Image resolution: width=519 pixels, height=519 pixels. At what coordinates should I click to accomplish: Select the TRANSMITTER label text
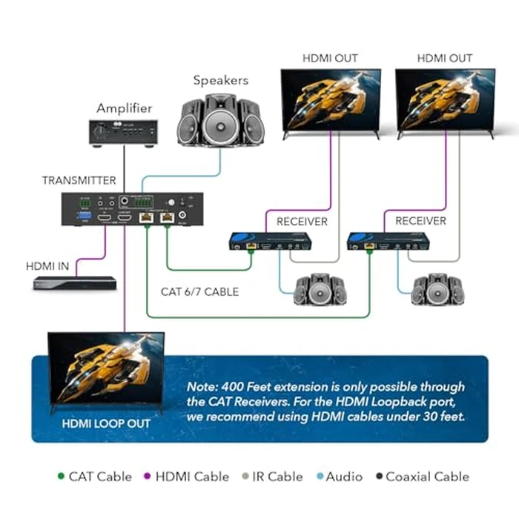(x=79, y=180)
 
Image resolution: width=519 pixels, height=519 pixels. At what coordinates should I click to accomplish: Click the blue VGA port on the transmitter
(x=84, y=218)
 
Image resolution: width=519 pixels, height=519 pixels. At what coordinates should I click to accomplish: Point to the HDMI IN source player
(x=74, y=283)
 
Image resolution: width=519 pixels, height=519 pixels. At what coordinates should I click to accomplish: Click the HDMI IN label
(x=50, y=265)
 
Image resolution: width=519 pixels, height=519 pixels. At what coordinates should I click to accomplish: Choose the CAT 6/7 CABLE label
(x=199, y=292)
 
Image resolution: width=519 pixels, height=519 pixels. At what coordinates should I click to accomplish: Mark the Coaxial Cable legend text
(x=427, y=477)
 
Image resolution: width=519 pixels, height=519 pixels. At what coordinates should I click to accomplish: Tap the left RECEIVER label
(x=302, y=221)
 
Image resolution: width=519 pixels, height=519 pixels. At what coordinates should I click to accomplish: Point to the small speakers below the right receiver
(x=437, y=290)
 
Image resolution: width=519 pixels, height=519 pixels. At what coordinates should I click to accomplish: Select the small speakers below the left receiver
(x=320, y=290)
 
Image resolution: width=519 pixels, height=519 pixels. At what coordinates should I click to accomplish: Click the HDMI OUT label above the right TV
(x=444, y=58)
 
